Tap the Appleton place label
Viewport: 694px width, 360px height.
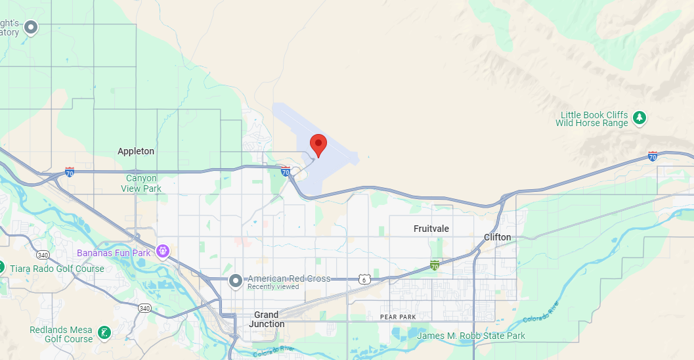[136, 151]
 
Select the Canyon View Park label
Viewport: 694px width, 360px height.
[141, 183]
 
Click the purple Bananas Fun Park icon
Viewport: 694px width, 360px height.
[163, 252]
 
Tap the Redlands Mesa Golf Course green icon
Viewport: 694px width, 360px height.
[104, 333]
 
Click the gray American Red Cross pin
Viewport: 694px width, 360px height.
[236, 281]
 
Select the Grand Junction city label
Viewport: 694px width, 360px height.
[267, 319]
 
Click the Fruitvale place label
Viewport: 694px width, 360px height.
[431, 229]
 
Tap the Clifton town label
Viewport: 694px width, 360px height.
[497, 237]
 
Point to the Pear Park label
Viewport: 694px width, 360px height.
[398, 317]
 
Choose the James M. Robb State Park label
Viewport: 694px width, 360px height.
[471, 336]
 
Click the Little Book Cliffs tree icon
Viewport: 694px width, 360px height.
[640, 118]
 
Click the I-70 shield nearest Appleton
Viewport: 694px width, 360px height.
[70, 172]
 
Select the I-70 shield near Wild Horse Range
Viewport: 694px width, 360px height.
[652, 156]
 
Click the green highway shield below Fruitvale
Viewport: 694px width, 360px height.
[434, 265]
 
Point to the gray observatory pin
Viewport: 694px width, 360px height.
[30, 28]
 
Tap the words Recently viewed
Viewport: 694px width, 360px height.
[273, 286]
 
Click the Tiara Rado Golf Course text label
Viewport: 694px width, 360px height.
[57, 269]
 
